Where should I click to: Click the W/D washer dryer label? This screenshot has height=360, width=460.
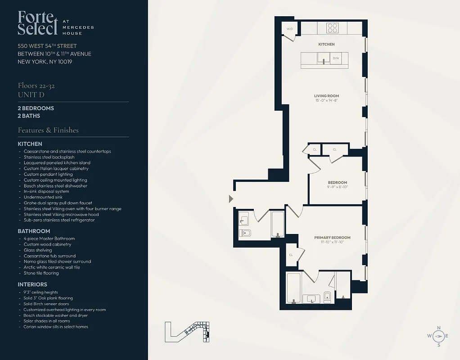[x=289, y=29]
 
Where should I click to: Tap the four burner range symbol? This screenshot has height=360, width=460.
[x=332, y=28]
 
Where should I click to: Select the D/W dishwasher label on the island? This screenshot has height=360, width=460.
[x=336, y=58]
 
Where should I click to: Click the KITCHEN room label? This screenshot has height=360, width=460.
[x=326, y=45]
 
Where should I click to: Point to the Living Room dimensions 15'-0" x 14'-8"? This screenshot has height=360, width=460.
[x=326, y=101]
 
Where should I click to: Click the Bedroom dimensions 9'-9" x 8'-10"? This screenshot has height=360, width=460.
[x=337, y=187]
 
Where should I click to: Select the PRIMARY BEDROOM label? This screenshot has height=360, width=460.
[x=332, y=238]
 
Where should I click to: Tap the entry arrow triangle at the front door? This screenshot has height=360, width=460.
[x=231, y=198]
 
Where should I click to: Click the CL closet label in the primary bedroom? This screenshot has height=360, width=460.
[x=291, y=255]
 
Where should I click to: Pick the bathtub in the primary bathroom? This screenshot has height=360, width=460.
[x=294, y=288]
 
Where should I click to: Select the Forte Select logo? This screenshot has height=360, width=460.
[x=38, y=23]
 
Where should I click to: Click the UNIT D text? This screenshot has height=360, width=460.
[x=31, y=94]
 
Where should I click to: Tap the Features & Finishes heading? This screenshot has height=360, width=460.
[x=48, y=130]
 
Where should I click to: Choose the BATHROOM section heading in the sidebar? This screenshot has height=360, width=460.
[x=33, y=231]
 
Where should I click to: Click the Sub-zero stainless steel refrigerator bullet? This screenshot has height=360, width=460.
[x=59, y=220]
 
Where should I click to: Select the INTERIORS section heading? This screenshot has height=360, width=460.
[x=32, y=284]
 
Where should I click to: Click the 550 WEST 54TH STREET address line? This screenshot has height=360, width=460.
[x=47, y=46]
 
